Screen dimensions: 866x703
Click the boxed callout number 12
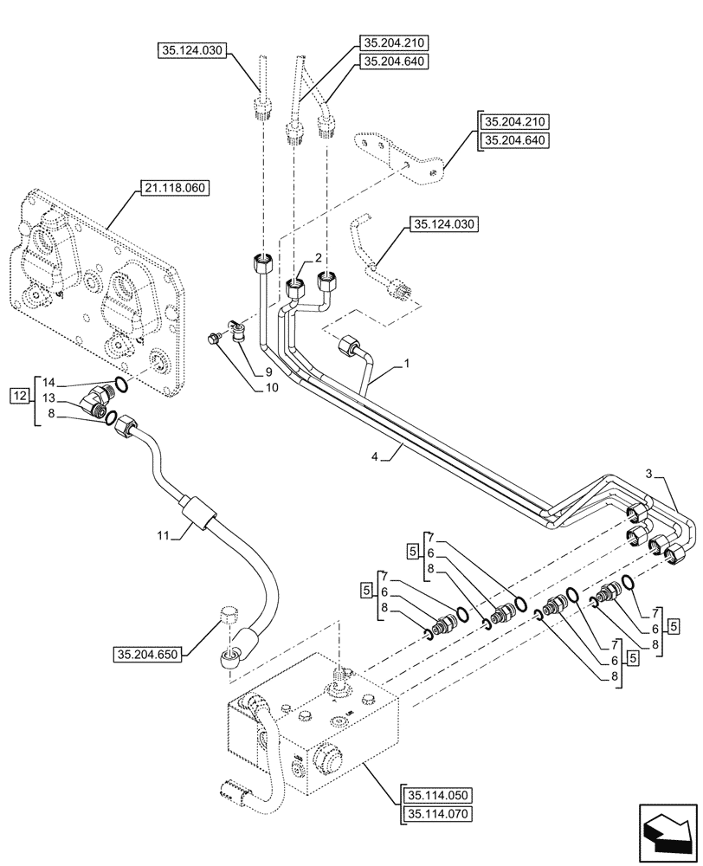(x=19, y=396)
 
